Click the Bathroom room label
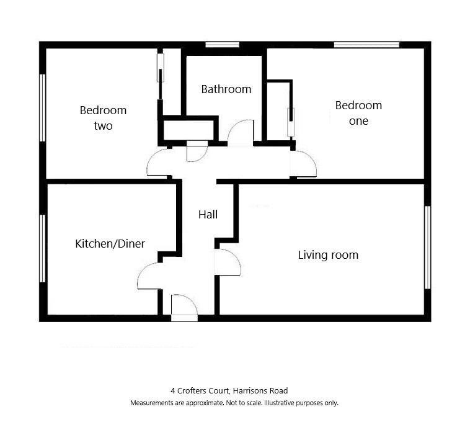(226, 89)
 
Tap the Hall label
(208, 215)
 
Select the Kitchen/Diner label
(110, 244)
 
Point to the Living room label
(328, 255)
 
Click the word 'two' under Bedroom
(103, 126)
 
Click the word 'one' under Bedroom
(358, 121)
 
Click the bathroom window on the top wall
(223, 45)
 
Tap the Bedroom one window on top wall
(366, 45)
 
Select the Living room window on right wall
(427, 247)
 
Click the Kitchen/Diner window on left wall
(43, 248)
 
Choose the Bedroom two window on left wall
(43, 108)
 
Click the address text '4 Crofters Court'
(200, 391)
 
